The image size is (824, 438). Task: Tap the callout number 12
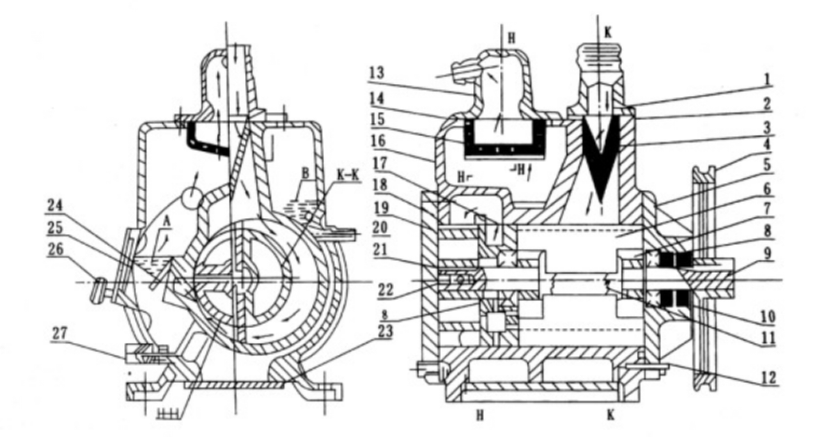(x=767, y=377)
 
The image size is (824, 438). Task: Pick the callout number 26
(x=56, y=249)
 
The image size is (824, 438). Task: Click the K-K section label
(x=346, y=176)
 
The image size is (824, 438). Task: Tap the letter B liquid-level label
(x=305, y=174)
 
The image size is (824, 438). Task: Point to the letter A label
(x=167, y=222)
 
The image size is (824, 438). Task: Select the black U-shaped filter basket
(x=499, y=137)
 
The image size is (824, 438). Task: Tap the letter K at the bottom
(x=610, y=415)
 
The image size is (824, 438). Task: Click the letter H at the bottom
(x=479, y=415)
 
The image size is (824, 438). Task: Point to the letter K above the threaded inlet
(x=607, y=33)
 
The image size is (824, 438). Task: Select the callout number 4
(x=766, y=145)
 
